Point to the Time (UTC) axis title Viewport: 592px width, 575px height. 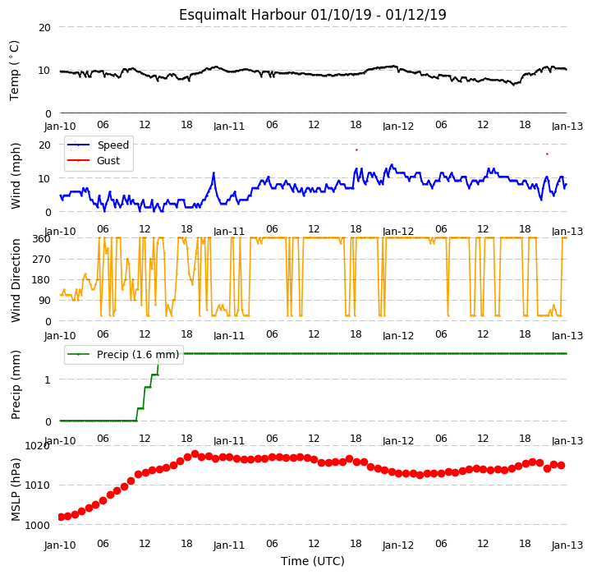pos(313,561)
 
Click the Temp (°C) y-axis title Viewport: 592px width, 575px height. pos(14,71)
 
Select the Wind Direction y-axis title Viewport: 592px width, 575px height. pos(16,280)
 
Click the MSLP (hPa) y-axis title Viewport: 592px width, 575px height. pos(16,490)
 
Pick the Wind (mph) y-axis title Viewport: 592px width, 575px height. pos(16,176)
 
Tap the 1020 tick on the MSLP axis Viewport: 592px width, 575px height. pos(37,446)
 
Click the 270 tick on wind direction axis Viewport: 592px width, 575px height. pos(43,260)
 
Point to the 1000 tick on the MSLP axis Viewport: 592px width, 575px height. pos(37,525)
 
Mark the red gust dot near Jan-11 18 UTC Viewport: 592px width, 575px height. pos(356,150)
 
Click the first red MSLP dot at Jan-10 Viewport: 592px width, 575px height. pos(61,517)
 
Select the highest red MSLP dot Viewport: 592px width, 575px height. pos(195,453)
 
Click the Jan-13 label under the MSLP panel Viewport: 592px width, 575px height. pos(567,545)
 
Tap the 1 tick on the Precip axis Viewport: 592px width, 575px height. pos(47,379)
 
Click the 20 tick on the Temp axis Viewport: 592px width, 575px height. pos(44,27)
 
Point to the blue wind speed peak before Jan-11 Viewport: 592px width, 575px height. pos(213,173)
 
